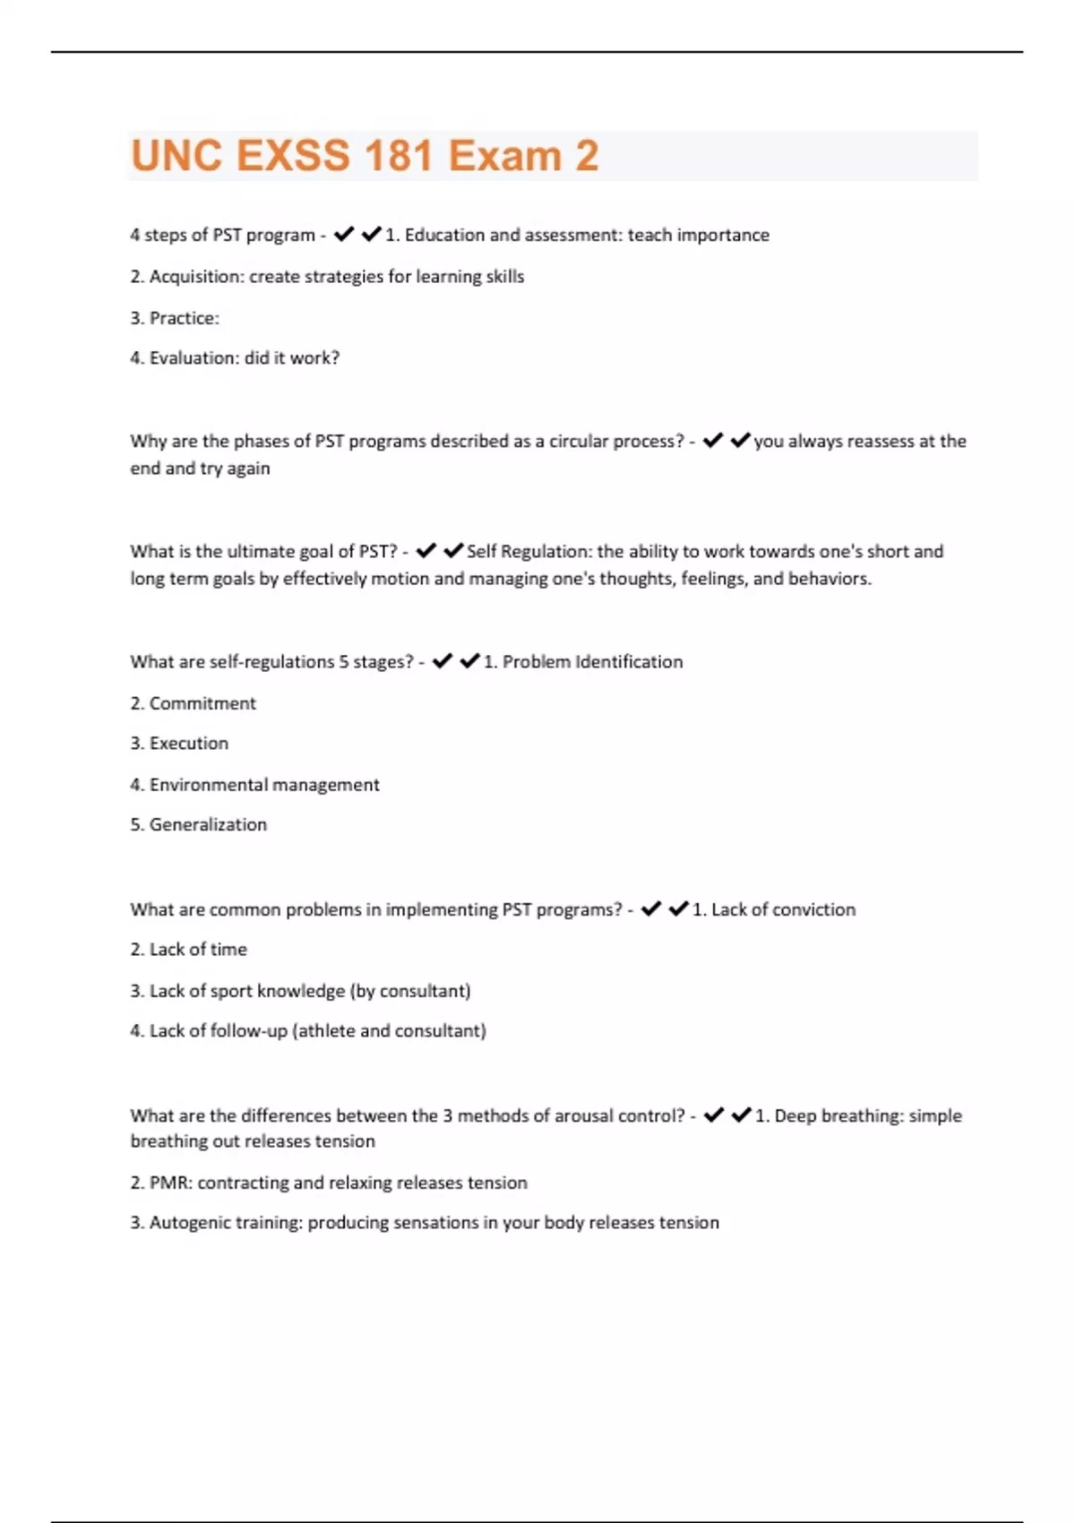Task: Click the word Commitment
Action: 202,703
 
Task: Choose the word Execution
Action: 189,744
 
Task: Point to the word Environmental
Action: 207,785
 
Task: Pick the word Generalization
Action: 208,825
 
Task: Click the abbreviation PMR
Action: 169,1183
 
